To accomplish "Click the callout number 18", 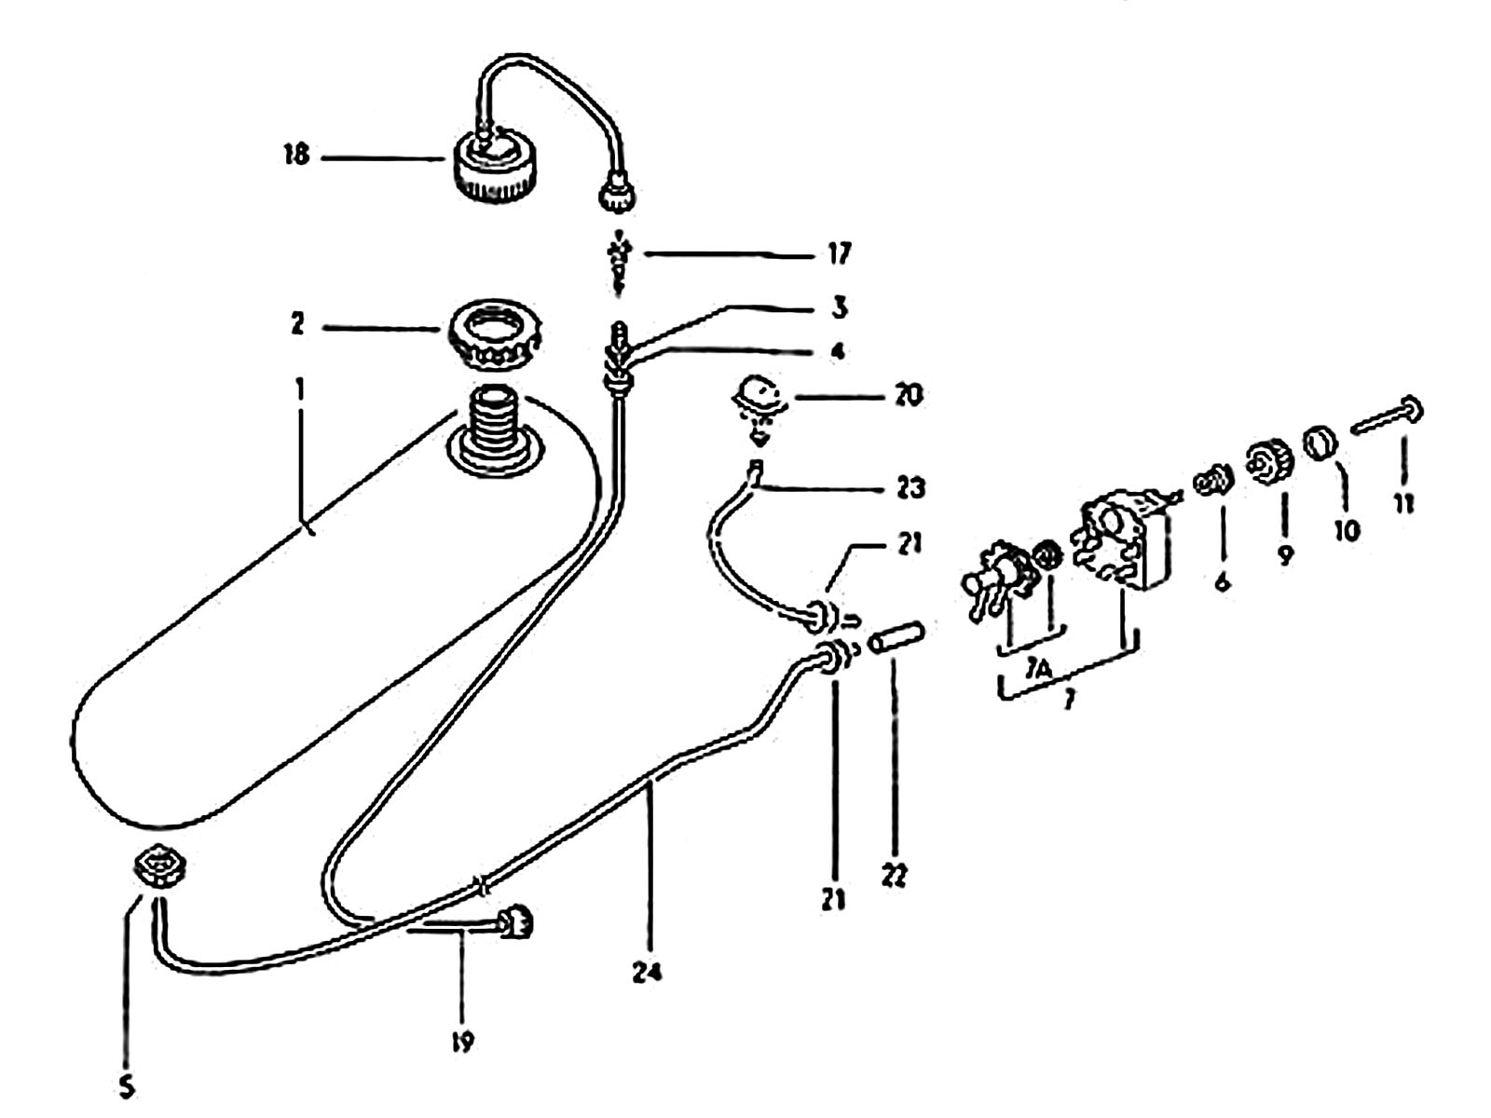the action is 296,156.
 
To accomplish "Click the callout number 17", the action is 839,253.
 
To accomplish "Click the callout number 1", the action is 299,392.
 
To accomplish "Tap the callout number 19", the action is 462,1041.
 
